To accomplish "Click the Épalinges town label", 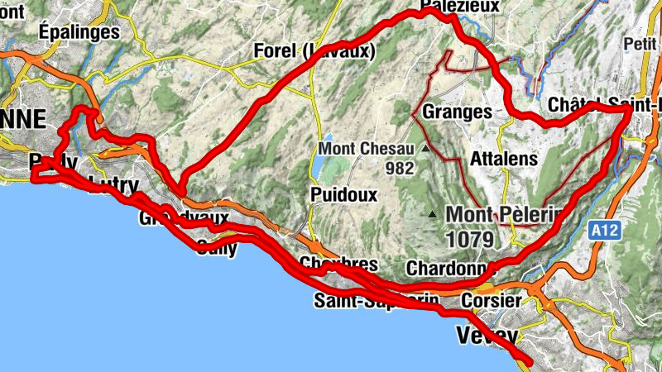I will coord(79,31).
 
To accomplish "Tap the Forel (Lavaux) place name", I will coord(314,51).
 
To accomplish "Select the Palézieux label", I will coord(460,7).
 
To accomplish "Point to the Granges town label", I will coord(457,111).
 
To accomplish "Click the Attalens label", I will coord(503,158).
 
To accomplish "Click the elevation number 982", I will coord(399,167).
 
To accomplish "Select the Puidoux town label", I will coord(344,194).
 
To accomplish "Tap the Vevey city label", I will coord(487,336).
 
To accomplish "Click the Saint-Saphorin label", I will coord(377,302).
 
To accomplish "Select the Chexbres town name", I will coord(339,265).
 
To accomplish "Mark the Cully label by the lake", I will coord(217,246).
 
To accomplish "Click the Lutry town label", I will coord(113,184).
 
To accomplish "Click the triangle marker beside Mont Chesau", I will coord(426,150).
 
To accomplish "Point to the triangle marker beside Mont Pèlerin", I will coord(433,215).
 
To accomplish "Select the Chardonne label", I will coord(445,269).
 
